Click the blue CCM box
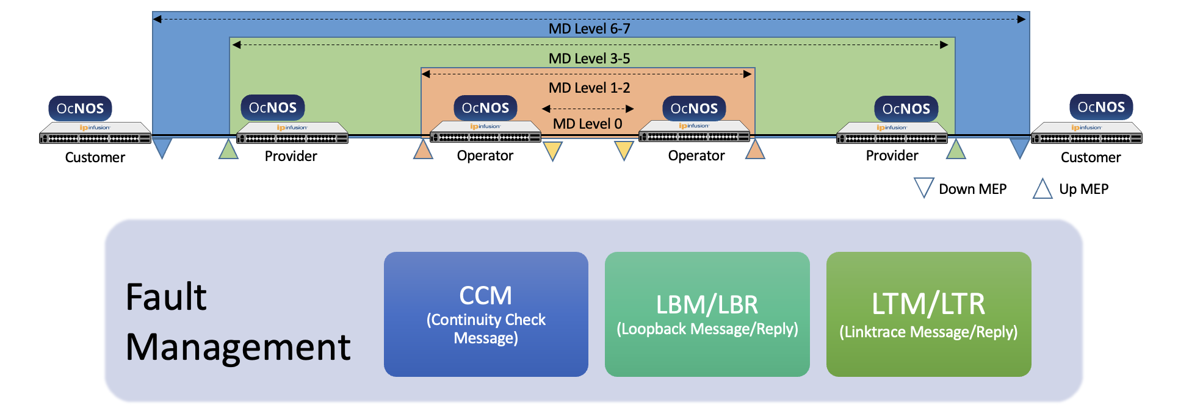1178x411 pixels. [486, 314]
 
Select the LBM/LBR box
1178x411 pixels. [707, 314]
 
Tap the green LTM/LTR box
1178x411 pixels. [928, 314]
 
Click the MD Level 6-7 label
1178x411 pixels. [589, 29]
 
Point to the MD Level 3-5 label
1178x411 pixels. [589, 59]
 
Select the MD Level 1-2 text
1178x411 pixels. [589, 88]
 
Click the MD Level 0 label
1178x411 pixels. [587, 124]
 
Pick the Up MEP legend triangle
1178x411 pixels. [1042, 189]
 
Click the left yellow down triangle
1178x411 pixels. [552, 149]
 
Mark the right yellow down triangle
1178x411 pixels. [624, 149]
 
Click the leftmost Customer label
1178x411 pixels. [95, 157]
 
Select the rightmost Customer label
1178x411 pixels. [1091, 157]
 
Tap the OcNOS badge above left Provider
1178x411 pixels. [272, 108]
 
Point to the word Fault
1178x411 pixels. [166, 297]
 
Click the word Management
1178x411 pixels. [238, 348]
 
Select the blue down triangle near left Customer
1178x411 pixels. [162, 147]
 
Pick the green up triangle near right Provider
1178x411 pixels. [956, 151]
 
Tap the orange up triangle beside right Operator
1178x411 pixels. [755, 151]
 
